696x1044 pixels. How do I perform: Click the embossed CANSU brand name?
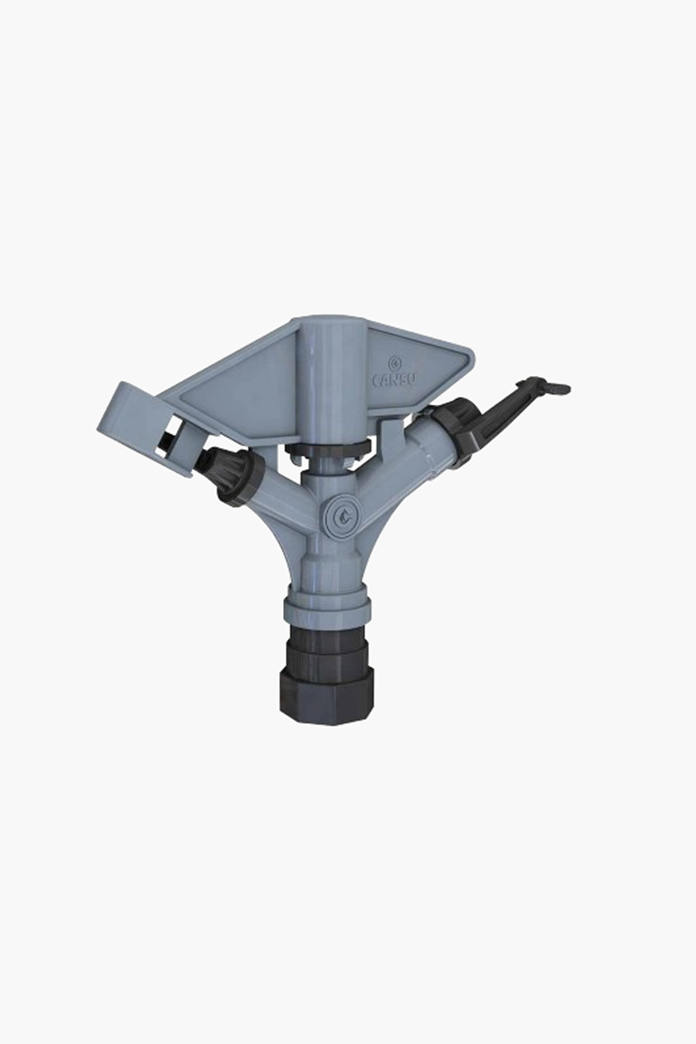(x=392, y=380)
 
